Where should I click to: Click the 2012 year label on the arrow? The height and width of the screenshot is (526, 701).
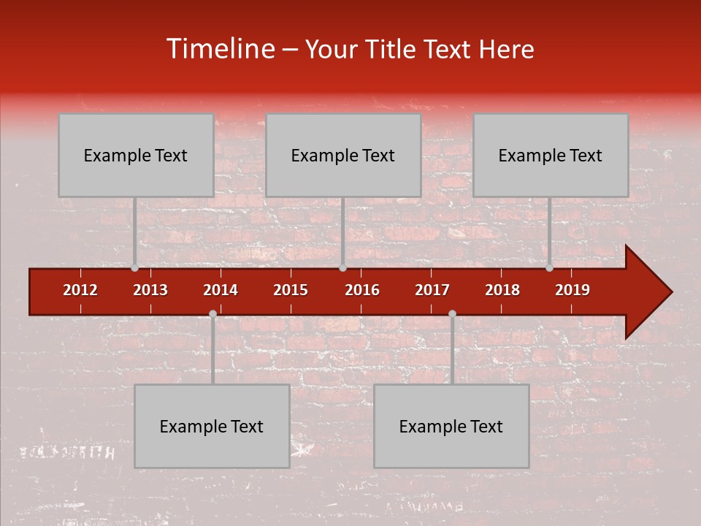tap(80, 290)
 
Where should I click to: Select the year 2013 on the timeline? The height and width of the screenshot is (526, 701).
tap(150, 290)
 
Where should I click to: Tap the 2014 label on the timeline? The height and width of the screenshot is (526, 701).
tap(221, 290)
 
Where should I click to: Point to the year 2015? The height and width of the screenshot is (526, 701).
tap(291, 290)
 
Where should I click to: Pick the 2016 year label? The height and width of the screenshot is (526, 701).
tap(362, 290)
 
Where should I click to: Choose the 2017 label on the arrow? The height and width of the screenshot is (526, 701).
tap(432, 290)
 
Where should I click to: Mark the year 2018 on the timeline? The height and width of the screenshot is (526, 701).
tap(502, 290)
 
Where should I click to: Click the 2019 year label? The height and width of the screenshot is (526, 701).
tap(572, 290)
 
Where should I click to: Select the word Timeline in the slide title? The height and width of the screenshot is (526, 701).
tap(220, 49)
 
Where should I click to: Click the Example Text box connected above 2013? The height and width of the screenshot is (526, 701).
tap(136, 156)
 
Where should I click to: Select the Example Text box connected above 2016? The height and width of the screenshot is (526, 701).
tap(343, 156)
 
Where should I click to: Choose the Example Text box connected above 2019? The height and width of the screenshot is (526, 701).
tap(551, 156)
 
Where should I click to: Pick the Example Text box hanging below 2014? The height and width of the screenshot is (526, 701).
tap(212, 427)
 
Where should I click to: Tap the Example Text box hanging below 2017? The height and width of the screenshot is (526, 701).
tap(451, 427)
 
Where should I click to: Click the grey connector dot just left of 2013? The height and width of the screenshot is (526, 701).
tap(135, 268)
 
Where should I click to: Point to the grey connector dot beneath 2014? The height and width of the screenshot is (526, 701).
tap(212, 313)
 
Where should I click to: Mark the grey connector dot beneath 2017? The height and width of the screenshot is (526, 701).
tap(452, 313)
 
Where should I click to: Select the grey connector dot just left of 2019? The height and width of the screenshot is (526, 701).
tap(550, 268)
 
